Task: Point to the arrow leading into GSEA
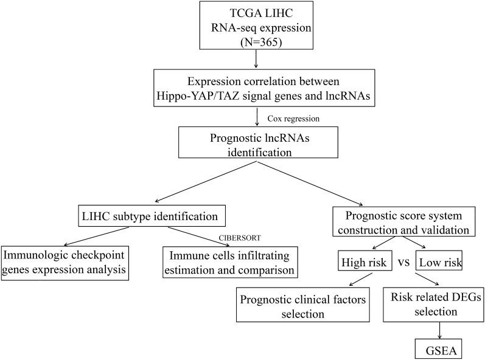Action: [439, 331]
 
